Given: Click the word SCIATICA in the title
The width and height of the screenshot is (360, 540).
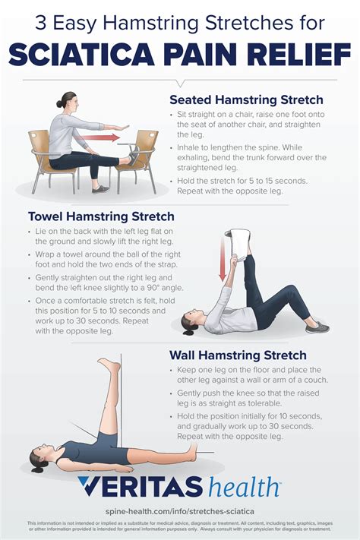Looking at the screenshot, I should pyautogui.click(x=87, y=55).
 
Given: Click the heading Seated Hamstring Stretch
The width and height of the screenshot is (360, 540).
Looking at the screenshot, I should pyautogui.click(x=246, y=100).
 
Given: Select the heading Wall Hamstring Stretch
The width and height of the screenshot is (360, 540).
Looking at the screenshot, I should pyautogui.click(x=238, y=355).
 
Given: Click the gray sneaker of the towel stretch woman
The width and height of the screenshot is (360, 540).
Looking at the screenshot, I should pyautogui.click(x=317, y=326).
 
